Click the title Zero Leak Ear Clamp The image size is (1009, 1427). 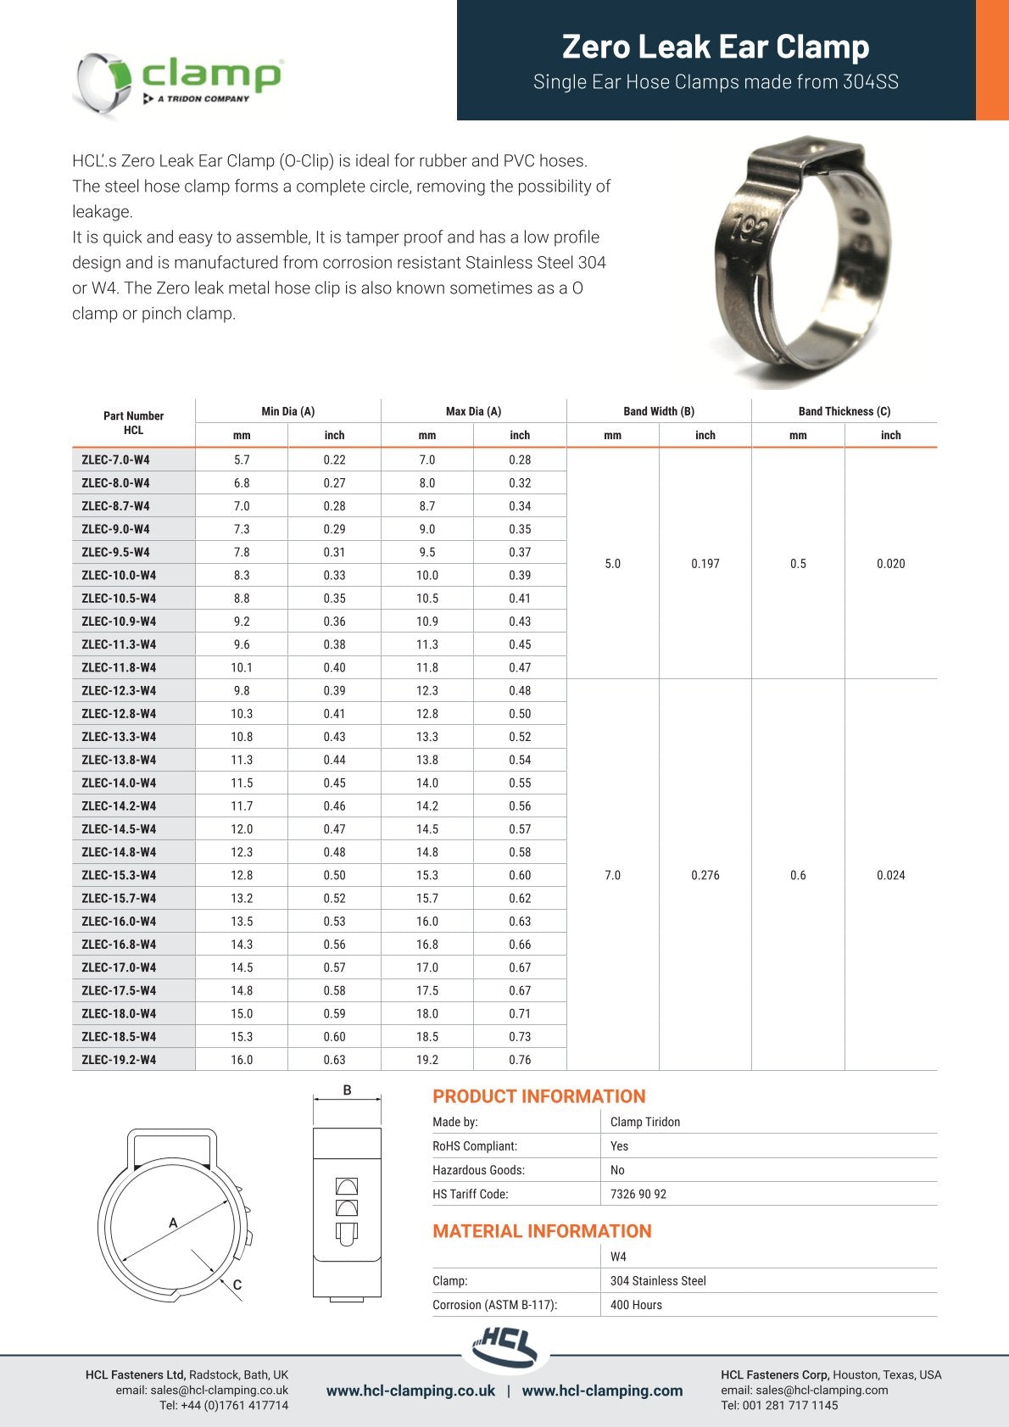716,47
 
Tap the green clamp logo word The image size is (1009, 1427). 210,75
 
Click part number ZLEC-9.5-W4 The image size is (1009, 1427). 115,552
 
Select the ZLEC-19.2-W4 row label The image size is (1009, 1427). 119,1060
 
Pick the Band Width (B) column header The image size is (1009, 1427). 659,411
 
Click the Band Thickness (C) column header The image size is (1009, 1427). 844,411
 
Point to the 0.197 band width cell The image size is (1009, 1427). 705,564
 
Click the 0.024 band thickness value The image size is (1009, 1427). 890,875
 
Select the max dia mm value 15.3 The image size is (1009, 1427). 426,875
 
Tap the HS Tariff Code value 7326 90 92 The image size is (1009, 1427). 638,1194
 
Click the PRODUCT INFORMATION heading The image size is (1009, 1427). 538,1096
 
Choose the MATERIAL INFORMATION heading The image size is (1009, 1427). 542,1231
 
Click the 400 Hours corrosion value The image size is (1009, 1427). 636,1305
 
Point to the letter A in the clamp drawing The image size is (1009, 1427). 173,1223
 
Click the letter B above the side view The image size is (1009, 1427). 347,1090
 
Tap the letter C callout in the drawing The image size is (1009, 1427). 237,1285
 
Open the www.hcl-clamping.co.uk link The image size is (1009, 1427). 410,1391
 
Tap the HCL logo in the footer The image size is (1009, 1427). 506,1347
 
